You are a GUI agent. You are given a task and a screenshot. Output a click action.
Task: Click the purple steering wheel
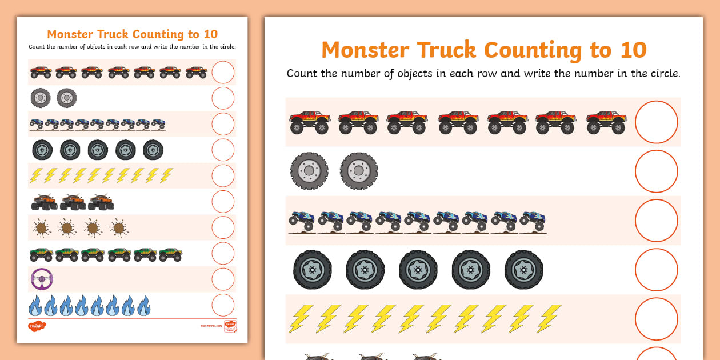tap(42, 279)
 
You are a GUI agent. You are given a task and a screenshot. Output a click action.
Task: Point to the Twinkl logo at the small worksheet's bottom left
tap(37, 326)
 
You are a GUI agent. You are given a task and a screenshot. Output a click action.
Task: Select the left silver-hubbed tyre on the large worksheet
tap(309, 171)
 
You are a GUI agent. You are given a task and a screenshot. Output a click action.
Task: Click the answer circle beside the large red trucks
tap(656, 122)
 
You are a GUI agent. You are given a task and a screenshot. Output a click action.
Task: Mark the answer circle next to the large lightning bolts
tap(656, 319)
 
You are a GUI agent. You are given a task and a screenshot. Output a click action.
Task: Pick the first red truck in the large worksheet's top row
tap(310, 122)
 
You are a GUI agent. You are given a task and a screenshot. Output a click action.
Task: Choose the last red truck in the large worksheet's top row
tap(606, 122)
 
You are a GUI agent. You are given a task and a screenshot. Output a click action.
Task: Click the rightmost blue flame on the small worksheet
tap(144, 306)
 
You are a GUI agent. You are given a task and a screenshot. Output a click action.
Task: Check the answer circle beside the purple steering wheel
tap(223, 279)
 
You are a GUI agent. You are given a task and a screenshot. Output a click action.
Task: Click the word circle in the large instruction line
tap(661, 74)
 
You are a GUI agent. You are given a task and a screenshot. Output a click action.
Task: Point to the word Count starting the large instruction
tap(302, 74)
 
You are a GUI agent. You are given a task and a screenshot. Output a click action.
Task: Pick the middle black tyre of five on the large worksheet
tap(418, 269)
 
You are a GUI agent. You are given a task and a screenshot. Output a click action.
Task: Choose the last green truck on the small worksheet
tap(170, 254)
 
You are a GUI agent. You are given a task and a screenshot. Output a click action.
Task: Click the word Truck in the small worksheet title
tap(122, 34)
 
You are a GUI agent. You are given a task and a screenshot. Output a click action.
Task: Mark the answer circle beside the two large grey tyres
tap(656, 171)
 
